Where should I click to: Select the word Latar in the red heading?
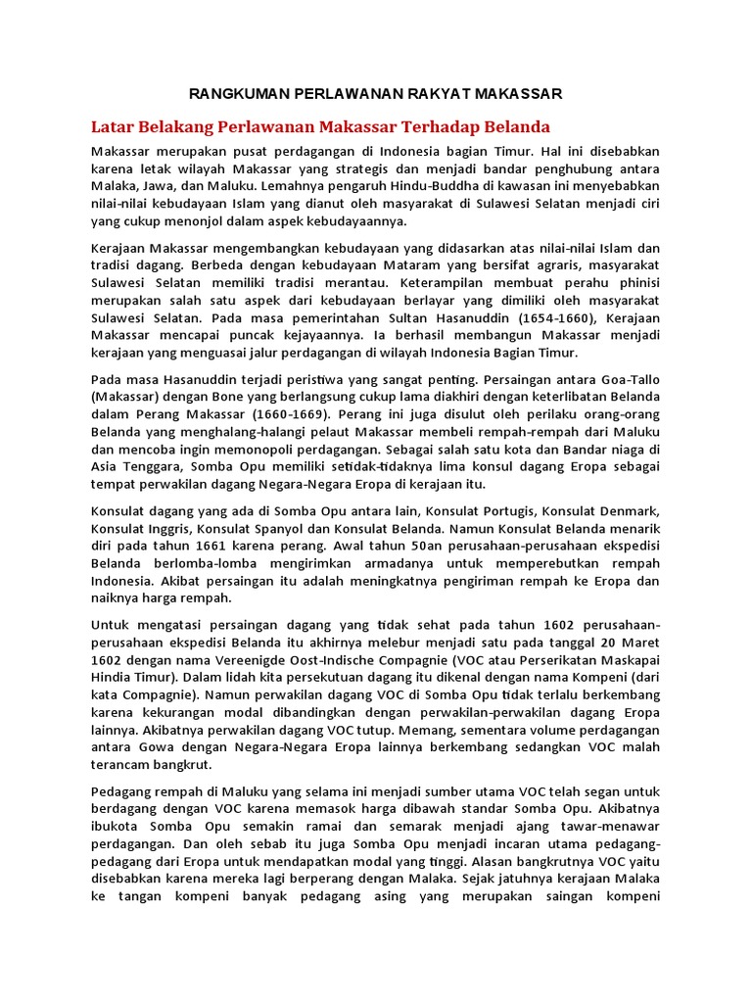[114, 127]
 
